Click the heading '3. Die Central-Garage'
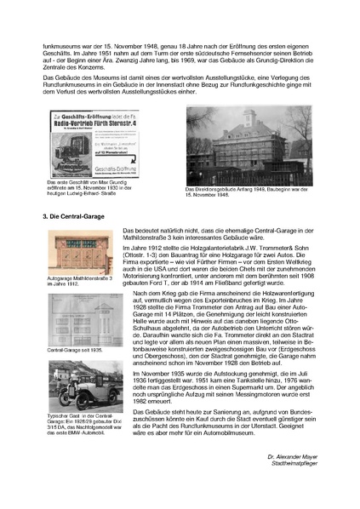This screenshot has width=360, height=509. pyautogui.click(x=74, y=217)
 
